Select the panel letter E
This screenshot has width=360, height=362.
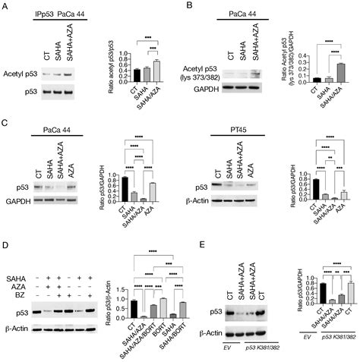click(201, 247)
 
